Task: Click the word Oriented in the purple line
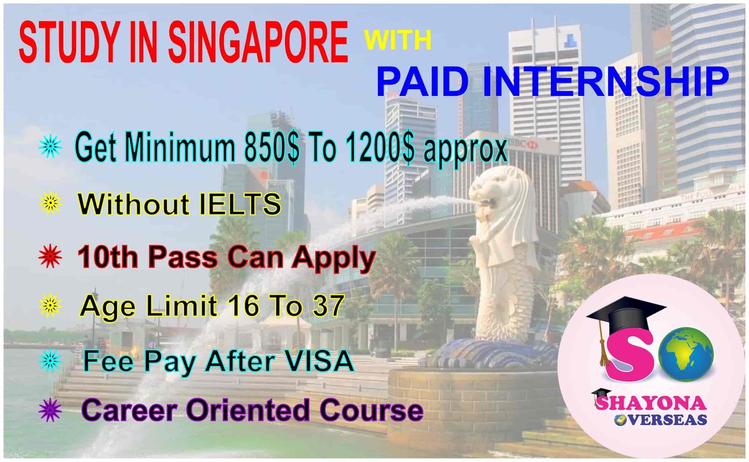click(249, 410)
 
